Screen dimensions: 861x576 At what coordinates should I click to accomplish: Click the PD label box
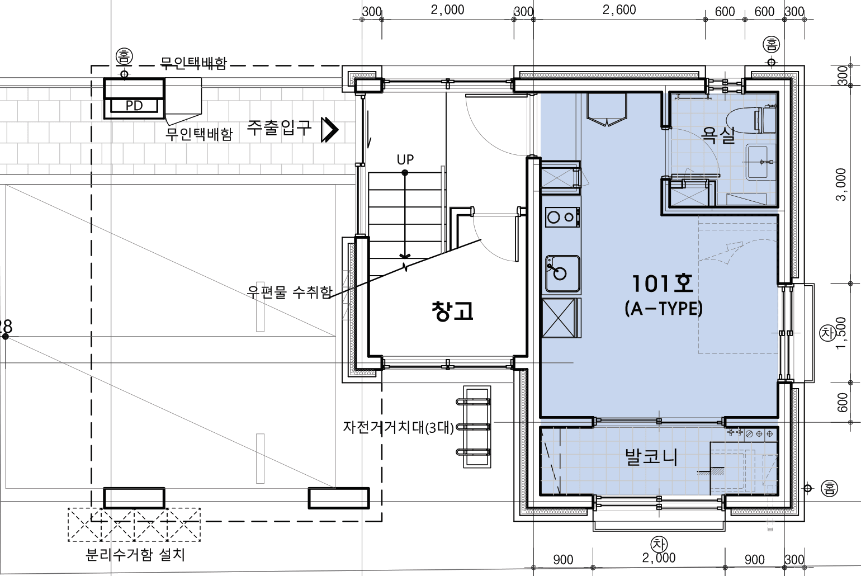[x=134, y=105]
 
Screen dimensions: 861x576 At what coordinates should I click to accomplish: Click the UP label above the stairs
[x=405, y=159]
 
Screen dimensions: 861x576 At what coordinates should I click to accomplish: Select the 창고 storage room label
[x=452, y=311]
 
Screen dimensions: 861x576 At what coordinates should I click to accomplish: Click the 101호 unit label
[x=663, y=284]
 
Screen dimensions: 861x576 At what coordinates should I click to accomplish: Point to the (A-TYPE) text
[x=664, y=308]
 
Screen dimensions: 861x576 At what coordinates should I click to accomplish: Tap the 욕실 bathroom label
[x=718, y=135]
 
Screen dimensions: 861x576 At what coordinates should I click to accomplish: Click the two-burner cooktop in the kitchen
[x=562, y=217]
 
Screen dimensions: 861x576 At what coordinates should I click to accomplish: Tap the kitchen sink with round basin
[x=562, y=274]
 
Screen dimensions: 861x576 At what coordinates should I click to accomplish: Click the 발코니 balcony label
[x=651, y=457]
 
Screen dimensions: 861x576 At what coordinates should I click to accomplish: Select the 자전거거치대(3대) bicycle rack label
[x=398, y=427]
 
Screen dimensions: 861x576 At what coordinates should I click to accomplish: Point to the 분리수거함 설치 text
[x=135, y=554]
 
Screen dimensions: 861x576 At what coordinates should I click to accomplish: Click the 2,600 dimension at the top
[x=619, y=10]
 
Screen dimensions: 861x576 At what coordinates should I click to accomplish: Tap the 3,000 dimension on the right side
[x=841, y=185]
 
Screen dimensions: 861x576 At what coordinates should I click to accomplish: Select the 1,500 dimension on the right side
[x=841, y=333]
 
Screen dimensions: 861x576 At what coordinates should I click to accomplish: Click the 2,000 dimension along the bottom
[x=659, y=558]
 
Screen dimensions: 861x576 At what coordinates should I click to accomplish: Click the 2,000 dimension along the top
[x=447, y=10]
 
